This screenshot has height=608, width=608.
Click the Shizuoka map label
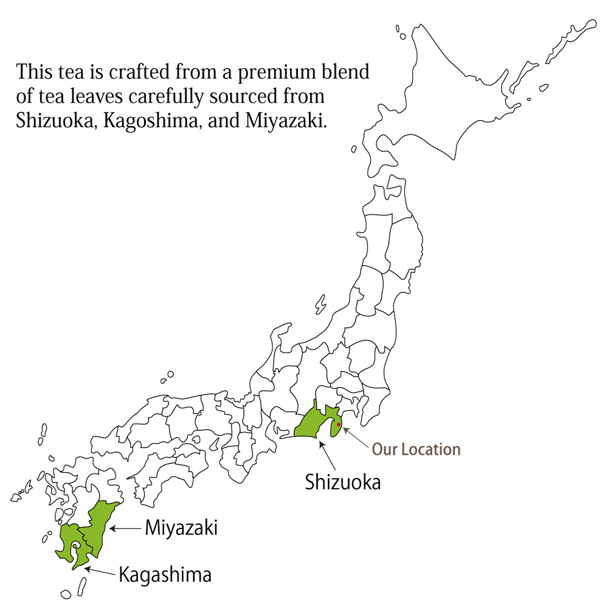click(343, 482)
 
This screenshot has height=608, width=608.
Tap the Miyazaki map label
click(181, 528)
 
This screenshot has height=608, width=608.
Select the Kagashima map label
click(165, 575)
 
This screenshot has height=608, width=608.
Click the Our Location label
click(416, 449)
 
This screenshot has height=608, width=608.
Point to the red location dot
click(339, 424)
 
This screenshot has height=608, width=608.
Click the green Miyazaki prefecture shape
click(99, 526)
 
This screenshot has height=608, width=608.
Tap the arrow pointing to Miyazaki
click(125, 528)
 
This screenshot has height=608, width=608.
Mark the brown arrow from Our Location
click(356, 438)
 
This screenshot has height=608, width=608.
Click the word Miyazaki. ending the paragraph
click(286, 120)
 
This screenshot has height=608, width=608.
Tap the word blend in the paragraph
click(350, 72)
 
